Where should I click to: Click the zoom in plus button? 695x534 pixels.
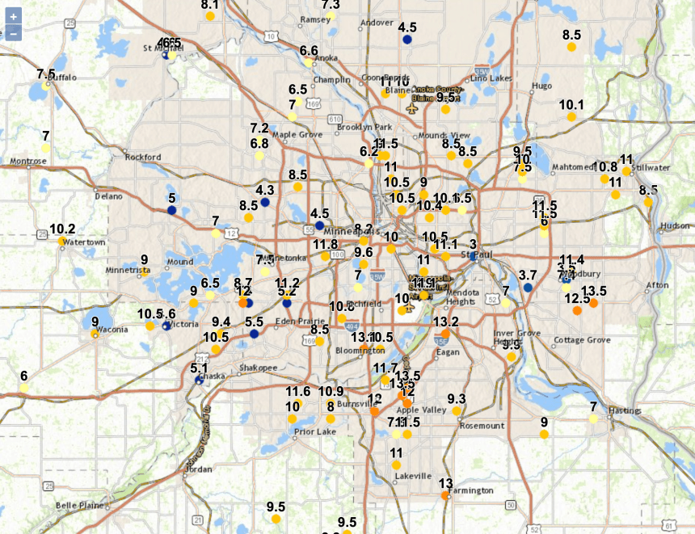tap(14, 16)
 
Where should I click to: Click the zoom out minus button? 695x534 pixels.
tap(14, 33)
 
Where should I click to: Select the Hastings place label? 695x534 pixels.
tap(625, 411)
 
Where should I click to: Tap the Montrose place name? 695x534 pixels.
tap(28, 162)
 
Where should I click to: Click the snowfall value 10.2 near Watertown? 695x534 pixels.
tap(62, 229)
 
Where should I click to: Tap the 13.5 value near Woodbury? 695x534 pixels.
tap(594, 291)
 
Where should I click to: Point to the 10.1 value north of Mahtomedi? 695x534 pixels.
tap(571, 104)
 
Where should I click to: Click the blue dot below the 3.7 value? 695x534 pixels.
tap(528, 288)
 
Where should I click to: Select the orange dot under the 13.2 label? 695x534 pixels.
tap(445, 333)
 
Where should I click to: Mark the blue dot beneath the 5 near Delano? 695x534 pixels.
tap(171, 210)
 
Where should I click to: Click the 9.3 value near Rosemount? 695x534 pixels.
tap(457, 398)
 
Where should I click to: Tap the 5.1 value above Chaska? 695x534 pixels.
tap(200, 368)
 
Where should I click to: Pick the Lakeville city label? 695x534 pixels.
tap(413, 476)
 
